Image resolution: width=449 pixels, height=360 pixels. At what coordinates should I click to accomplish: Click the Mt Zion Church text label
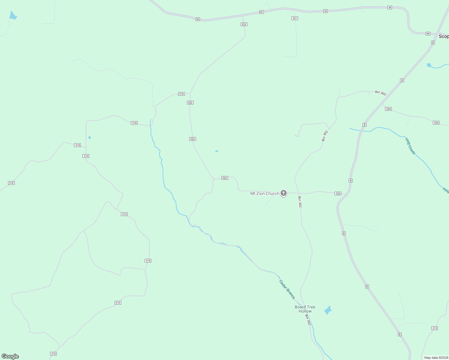264,194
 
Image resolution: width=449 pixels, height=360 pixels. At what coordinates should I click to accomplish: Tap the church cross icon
284,193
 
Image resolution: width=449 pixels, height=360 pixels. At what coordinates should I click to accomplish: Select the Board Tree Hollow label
305,309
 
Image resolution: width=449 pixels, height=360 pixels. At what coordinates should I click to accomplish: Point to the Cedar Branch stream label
287,289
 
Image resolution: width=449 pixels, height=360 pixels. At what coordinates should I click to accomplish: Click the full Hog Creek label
410,146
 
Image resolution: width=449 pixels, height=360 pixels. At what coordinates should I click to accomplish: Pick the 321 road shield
295,18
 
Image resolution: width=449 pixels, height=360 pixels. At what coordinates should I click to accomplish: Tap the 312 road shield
435,328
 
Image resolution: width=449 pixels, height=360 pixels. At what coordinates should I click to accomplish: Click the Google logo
10,356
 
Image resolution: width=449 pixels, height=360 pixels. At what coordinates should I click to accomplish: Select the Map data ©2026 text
436,358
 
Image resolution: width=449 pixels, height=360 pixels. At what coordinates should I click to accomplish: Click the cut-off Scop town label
444,36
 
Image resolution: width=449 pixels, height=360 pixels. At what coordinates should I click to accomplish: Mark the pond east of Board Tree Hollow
328,310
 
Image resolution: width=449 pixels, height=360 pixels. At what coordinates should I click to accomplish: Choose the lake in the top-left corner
13,16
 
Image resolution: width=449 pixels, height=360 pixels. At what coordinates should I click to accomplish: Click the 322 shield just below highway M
244,24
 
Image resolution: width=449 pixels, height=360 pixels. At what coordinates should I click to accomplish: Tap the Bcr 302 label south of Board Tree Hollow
308,320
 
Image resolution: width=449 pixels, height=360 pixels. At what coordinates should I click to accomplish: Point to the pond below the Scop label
429,65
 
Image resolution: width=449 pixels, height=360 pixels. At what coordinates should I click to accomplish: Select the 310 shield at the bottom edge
53,354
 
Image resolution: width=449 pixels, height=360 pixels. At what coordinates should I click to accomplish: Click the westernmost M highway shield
197,19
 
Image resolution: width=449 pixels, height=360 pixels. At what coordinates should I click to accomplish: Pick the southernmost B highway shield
399,334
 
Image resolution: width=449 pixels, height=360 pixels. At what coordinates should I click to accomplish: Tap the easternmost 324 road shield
436,123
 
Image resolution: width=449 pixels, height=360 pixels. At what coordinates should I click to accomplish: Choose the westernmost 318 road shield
11,183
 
